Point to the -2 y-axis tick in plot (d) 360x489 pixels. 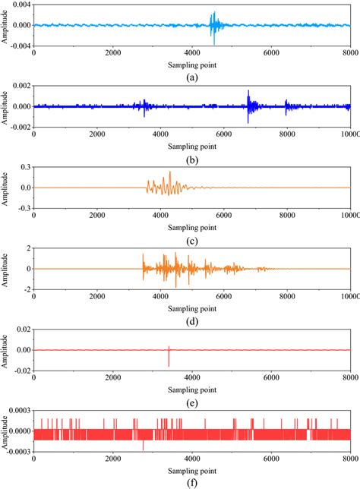point(27,289)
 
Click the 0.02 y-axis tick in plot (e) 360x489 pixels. point(23,330)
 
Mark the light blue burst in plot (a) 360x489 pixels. point(213,26)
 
